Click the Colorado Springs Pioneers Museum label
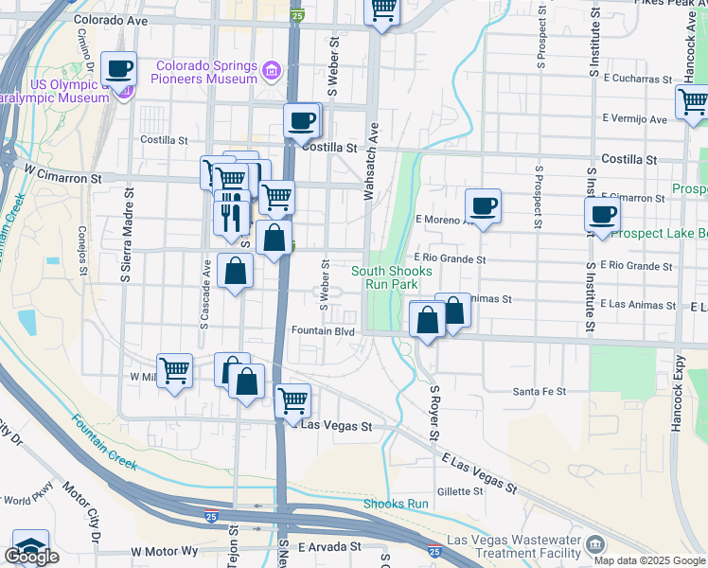(x=206, y=72)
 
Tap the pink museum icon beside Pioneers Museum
(x=272, y=70)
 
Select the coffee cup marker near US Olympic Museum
(x=119, y=70)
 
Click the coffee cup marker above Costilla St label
(x=302, y=121)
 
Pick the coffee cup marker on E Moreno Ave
(x=483, y=206)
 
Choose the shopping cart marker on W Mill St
(x=174, y=370)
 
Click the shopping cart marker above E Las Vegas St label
(x=293, y=400)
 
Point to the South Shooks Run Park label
(x=392, y=277)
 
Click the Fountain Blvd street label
(x=323, y=331)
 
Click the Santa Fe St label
(x=539, y=391)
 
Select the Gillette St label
(x=460, y=491)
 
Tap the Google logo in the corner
(x=32, y=557)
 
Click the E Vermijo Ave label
(x=634, y=119)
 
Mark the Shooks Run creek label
(x=396, y=504)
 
